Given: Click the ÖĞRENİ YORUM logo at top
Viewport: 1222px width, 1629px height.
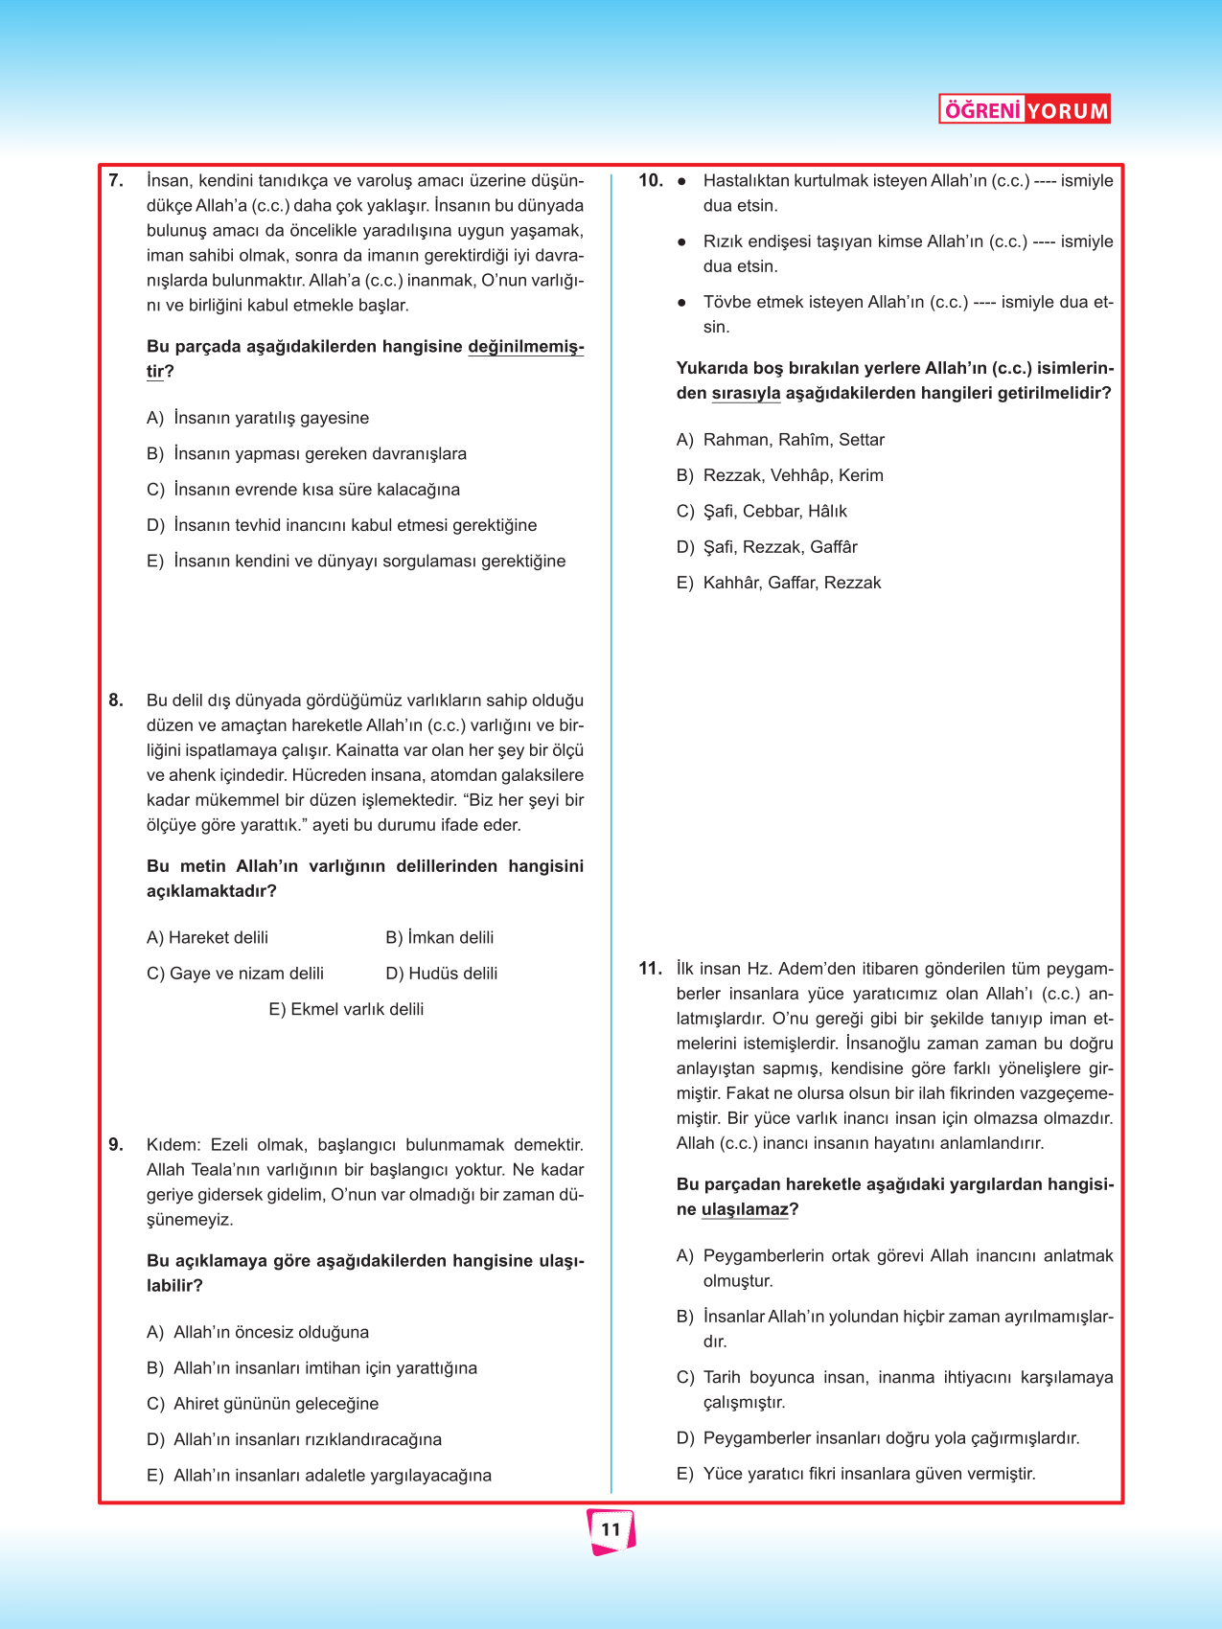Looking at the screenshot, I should (x=1025, y=110).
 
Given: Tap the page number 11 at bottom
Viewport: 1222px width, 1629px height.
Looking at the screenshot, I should (x=611, y=1530).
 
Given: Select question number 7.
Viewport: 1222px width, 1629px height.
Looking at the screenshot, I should (x=116, y=180).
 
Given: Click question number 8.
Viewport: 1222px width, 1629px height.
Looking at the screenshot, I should (x=116, y=700).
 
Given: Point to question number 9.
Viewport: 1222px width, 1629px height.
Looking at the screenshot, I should (x=116, y=1144).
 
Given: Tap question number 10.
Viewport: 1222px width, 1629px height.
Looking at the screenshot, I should (x=651, y=180).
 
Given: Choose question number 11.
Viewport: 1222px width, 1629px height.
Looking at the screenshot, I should (x=650, y=969).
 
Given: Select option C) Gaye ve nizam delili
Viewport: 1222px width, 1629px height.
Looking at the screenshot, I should (x=235, y=974).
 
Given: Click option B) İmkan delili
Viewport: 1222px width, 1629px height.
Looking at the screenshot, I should (x=439, y=937).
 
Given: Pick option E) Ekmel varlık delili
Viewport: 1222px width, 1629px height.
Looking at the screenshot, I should (x=346, y=1009).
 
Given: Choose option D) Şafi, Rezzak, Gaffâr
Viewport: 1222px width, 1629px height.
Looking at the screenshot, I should (x=767, y=547).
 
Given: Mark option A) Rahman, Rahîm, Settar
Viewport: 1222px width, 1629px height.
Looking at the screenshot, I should (x=780, y=440).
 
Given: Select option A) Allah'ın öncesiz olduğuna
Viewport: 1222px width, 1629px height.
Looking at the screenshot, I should (x=258, y=1332).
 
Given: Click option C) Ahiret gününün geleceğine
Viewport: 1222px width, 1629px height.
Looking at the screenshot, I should (x=263, y=1404).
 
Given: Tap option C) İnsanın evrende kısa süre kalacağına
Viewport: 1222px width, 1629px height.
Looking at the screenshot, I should (x=303, y=490).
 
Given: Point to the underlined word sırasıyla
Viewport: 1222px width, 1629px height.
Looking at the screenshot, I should (x=746, y=394).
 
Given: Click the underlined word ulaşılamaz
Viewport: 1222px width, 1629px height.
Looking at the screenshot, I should (x=745, y=1209).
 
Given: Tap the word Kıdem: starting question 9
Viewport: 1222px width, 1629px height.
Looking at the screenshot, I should (x=173, y=1144).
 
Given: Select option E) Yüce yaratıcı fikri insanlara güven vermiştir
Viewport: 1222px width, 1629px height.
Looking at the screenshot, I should (x=856, y=1474).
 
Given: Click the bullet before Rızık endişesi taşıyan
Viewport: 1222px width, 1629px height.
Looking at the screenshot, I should (x=681, y=241).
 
